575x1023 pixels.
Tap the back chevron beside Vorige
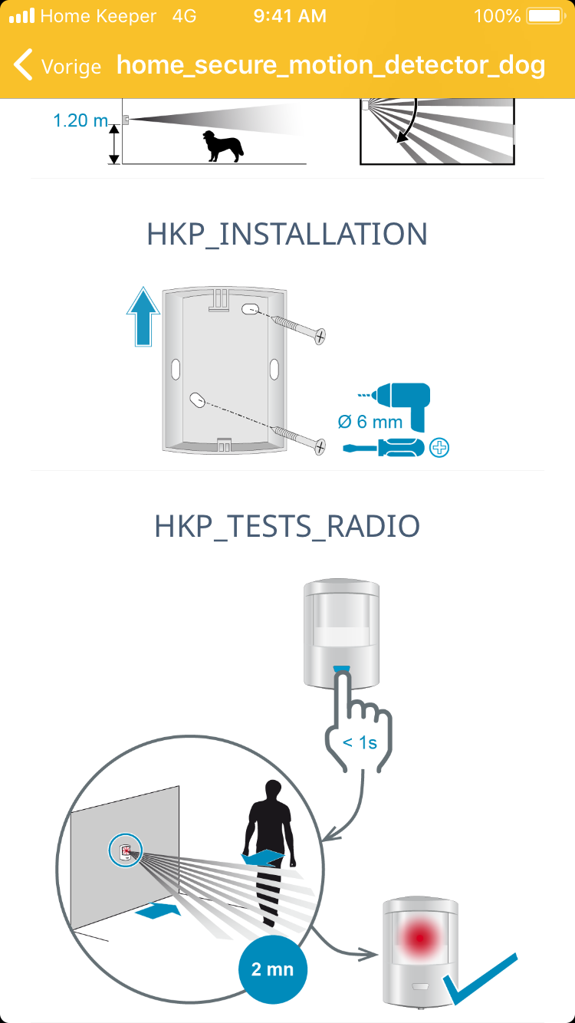click(x=23, y=64)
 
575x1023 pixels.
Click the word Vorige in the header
click(x=71, y=67)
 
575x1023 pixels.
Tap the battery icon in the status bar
click(x=546, y=16)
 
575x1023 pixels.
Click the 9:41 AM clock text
click(x=290, y=16)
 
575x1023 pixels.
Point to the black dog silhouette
click(x=223, y=146)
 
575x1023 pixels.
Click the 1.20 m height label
click(x=80, y=121)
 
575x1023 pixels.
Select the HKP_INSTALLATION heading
click(x=287, y=235)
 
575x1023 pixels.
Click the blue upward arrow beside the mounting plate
click(x=143, y=317)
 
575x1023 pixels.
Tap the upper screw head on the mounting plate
click(x=320, y=337)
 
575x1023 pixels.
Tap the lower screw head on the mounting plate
click(x=320, y=446)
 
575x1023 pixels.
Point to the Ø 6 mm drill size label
click(x=370, y=422)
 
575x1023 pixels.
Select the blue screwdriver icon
click(x=383, y=448)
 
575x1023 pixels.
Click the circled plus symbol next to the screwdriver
click(x=439, y=448)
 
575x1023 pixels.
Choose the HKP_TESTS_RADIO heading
click(x=287, y=527)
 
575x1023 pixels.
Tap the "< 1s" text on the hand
click(x=360, y=743)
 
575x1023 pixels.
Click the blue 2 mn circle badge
click(x=273, y=969)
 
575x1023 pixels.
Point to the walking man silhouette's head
click(x=273, y=791)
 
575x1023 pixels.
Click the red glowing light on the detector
click(x=419, y=938)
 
